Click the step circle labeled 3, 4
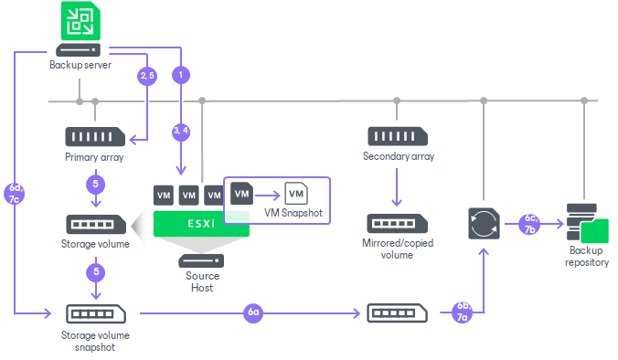coord(182,131)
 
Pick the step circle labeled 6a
coord(254,312)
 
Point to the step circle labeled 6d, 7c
coord(16,196)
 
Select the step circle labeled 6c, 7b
coord(529,224)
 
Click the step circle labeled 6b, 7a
coord(463,312)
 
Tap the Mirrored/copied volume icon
coord(396,223)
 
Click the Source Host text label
coord(201,281)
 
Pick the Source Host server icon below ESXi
coord(200,260)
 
